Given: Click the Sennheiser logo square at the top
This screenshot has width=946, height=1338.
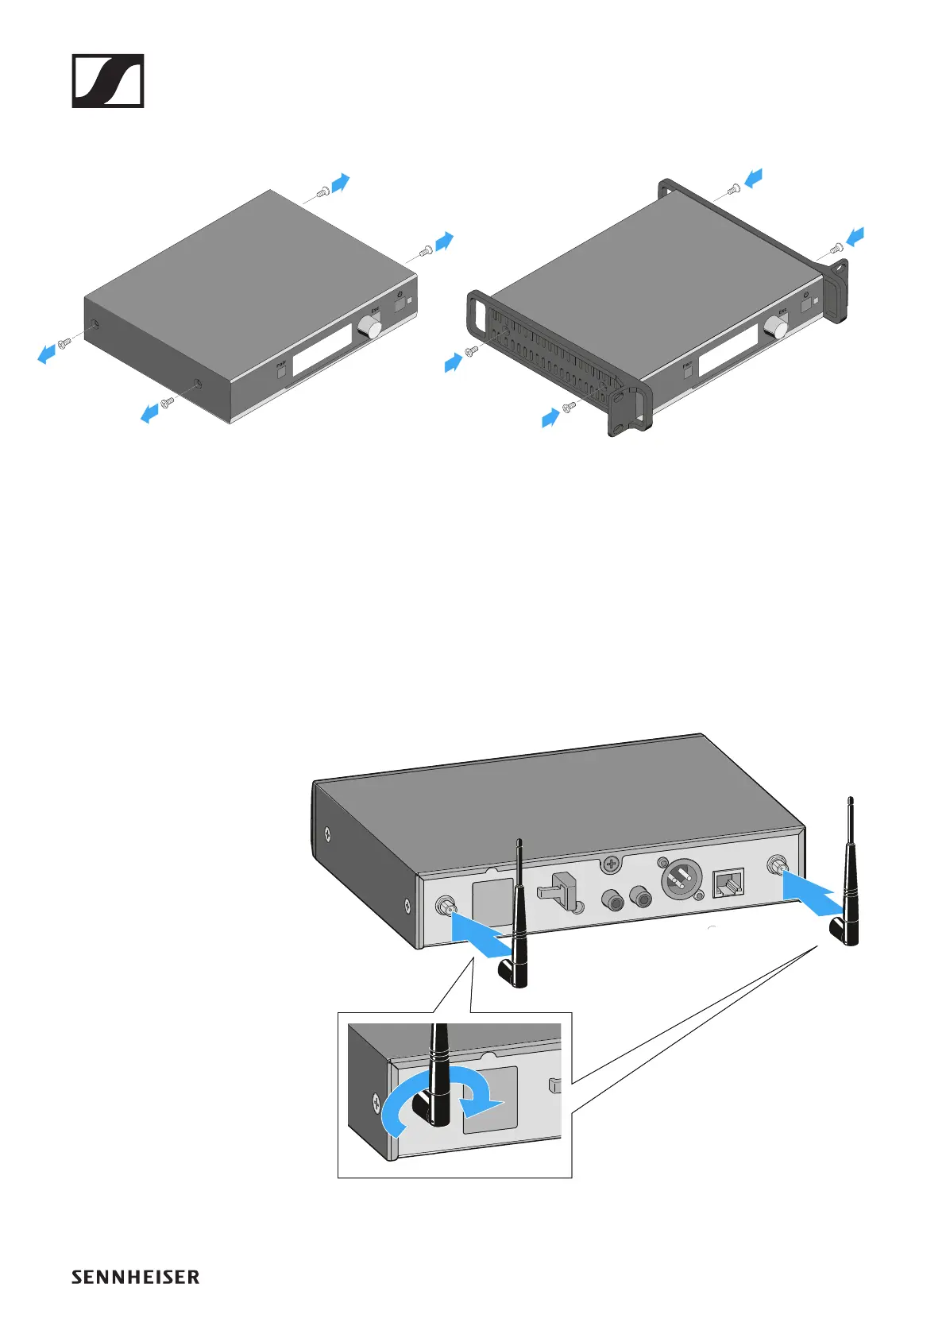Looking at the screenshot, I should point(108,80).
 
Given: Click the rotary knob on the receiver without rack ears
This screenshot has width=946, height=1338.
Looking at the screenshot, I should point(369,327).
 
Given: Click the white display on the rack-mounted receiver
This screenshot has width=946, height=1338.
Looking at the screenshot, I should point(728,350).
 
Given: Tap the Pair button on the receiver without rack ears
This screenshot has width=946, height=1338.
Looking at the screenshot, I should point(281,370).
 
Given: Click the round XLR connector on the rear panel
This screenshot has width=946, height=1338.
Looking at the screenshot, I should point(681,881).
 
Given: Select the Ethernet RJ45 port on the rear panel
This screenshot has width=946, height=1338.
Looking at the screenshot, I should point(728,883).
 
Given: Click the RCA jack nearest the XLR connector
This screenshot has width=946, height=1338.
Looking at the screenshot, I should point(640,898).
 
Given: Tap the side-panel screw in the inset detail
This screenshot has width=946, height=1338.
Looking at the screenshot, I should point(375,1101).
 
